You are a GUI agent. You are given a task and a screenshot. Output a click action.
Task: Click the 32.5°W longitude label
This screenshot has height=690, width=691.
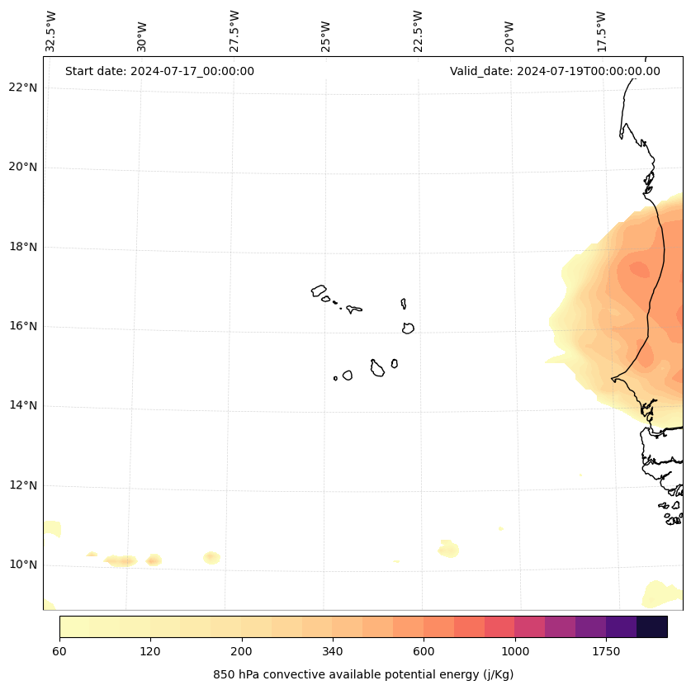[51, 31]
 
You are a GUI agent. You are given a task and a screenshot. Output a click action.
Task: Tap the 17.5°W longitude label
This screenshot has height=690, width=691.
[601, 31]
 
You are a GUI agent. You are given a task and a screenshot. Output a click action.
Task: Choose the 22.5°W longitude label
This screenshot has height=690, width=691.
[418, 31]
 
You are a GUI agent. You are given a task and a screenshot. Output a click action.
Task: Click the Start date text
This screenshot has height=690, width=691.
[159, 71]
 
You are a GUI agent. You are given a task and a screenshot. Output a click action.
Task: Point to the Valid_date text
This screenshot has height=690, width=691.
[555, 71]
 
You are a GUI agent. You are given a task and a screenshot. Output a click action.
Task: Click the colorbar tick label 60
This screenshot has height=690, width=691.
[59, 651]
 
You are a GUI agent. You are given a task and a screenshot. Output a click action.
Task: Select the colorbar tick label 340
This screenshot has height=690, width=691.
[333, 651]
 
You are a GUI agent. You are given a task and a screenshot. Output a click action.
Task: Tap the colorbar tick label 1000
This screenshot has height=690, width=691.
[515, 651]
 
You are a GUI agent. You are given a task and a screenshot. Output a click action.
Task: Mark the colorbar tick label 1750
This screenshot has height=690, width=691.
[606, 651]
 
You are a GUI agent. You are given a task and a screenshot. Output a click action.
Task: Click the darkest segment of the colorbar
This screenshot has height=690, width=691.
[652, 626]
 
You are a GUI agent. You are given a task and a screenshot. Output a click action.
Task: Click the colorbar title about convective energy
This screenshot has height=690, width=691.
[363, 674]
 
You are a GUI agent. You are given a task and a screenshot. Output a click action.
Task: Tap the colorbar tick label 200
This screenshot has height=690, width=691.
[242, 651]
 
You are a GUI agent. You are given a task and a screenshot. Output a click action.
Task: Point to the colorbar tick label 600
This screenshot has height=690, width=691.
[424, 651]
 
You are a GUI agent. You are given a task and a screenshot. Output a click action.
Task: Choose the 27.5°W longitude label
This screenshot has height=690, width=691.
[234, 31]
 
